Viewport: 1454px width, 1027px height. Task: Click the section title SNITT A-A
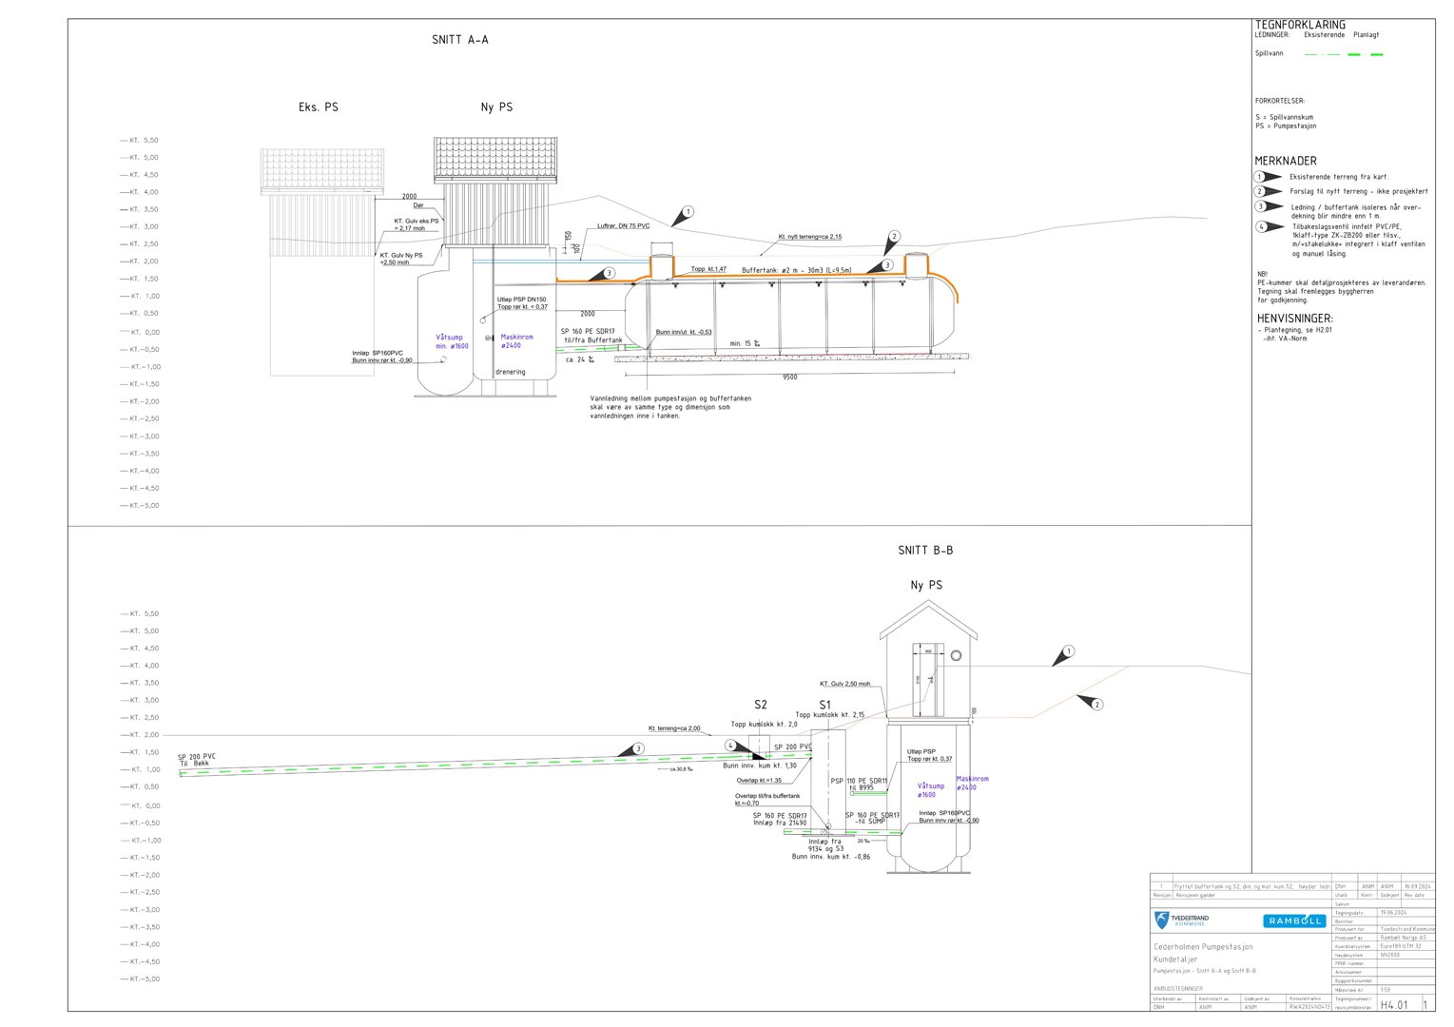(459, 40)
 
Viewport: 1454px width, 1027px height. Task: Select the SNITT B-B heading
(924, 551)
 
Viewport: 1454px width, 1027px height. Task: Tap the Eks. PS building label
(319, 107)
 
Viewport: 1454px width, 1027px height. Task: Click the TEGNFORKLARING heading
(1300, 25)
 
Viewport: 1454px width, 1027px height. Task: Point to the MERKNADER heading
(1286, 161)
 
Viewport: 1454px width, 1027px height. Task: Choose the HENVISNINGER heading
(1294, 319)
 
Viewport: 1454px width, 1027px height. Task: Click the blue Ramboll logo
(1294, 920)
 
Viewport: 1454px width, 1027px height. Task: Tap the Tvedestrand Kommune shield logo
(1162, 920)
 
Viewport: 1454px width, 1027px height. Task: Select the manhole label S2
(761, 705)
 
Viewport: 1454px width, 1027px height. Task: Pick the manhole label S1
(824, 705)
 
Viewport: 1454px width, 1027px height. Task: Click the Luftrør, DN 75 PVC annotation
(624, 226)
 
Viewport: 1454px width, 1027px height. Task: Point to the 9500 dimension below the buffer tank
(789, 377)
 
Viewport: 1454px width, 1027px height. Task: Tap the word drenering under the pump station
(510, 372)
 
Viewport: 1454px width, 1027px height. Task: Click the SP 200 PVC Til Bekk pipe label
(196, 760)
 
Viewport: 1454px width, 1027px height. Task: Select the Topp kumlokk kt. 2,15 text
(830, 715)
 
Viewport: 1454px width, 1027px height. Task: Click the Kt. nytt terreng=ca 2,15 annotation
(809, 237)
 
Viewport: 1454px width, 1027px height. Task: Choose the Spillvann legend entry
(1269, 53)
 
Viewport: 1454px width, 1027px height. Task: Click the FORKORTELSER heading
(1280, 101)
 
